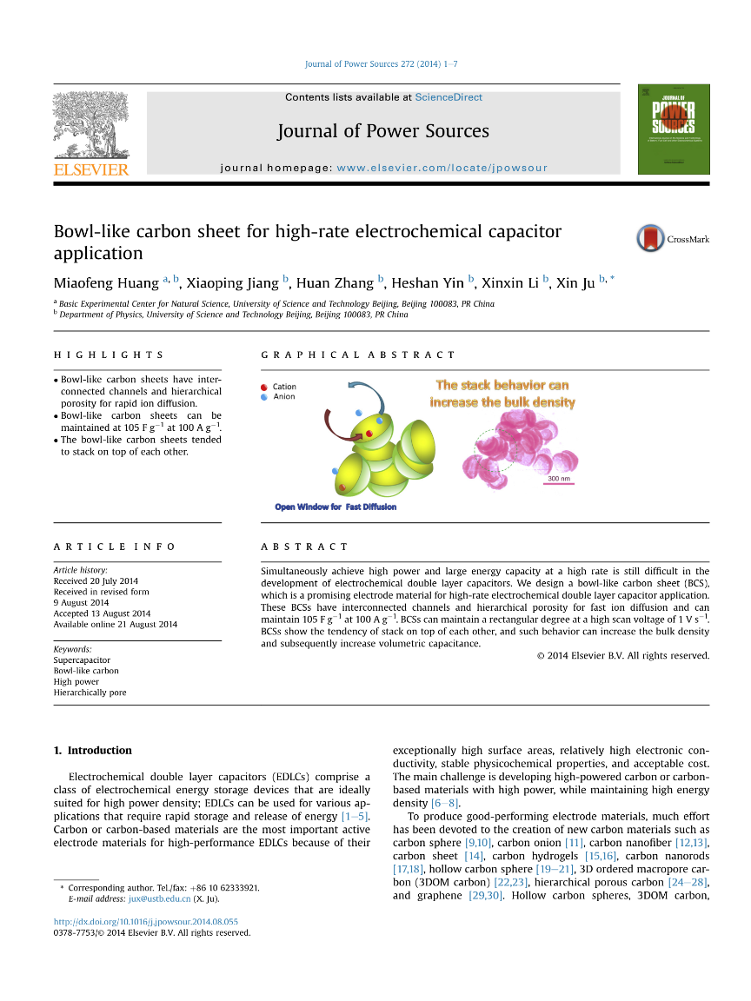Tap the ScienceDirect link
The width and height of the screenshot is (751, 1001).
449,97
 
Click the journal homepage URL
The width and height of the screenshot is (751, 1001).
442,168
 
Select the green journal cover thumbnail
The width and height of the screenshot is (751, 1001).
673,129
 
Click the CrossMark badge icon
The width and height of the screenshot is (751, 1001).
651,239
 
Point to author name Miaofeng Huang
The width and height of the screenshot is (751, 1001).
106,282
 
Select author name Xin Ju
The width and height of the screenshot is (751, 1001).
575,282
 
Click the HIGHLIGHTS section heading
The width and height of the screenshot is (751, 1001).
109,355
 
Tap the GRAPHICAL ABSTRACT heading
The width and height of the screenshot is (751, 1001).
358,355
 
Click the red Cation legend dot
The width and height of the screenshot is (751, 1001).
263,387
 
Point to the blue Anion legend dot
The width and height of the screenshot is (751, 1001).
263,397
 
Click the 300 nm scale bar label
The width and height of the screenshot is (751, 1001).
559,479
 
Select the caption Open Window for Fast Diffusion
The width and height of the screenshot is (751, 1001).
336,507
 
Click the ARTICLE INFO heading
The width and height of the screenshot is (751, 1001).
115,547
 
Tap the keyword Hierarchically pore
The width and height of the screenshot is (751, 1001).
90,693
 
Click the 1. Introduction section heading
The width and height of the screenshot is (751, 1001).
93,750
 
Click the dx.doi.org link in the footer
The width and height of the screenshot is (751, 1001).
146,921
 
